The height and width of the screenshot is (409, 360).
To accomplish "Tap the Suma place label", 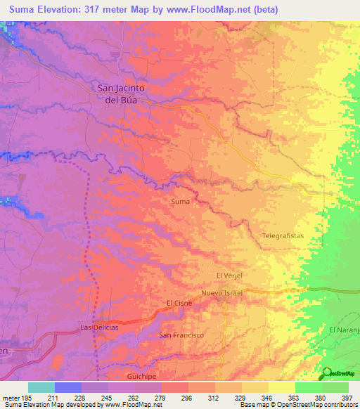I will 181,202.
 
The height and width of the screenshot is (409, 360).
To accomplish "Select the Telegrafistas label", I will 283,236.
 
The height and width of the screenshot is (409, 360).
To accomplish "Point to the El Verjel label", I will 229,275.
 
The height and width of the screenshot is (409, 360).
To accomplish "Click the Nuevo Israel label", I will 221,292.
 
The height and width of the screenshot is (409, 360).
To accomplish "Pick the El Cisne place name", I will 179,303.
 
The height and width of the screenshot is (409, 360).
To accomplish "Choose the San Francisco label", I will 181,335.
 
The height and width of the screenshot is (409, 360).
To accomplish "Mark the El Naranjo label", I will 344,330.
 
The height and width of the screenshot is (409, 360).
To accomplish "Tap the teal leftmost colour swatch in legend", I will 41,387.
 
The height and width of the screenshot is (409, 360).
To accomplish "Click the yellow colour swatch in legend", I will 281,387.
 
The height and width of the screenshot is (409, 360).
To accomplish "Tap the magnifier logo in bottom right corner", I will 327,373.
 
